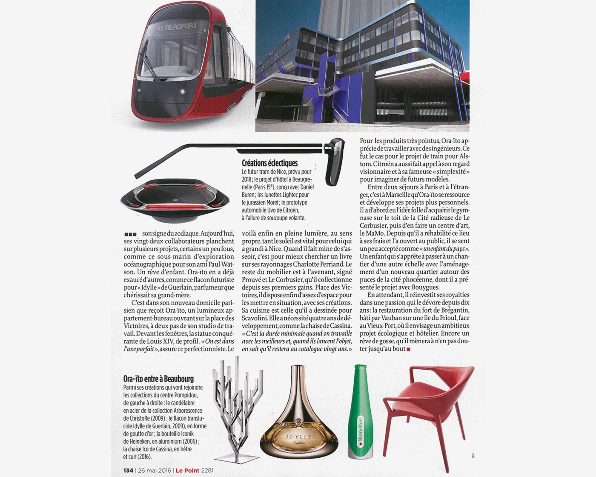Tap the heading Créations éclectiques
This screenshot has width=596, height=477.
click(x=269, y=163)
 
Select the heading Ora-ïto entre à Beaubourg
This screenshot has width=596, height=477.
click(x=158, y=379)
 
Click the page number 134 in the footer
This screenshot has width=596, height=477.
click(x=128, y=471)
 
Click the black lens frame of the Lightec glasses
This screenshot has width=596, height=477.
click(x=335, y=162)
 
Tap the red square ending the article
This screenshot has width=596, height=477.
click(x=408, y=349)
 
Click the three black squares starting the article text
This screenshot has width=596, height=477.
click(x=130, y=234)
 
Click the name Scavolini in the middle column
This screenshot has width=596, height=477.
click(x=255, y=318)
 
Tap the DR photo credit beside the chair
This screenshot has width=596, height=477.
click(x=473, y=456)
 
